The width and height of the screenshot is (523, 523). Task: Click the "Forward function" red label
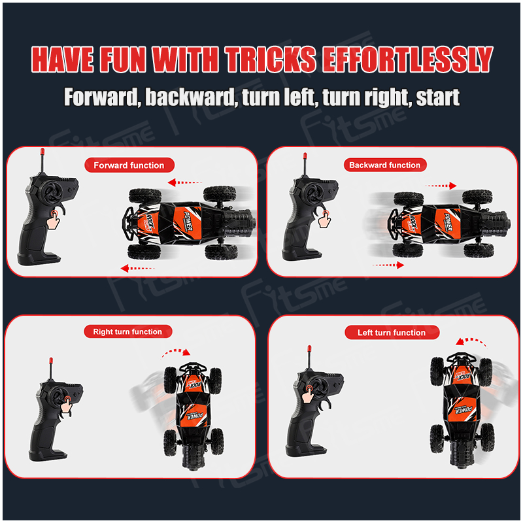(129, 165)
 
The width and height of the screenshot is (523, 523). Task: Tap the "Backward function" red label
(385, 165)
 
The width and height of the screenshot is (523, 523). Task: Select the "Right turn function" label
(127, 331)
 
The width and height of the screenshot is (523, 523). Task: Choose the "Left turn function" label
(392, 333)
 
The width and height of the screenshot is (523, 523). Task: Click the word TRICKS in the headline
(270, 59)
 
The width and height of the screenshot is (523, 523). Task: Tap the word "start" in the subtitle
(438, 97)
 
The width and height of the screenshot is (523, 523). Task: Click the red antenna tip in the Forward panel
(42, 152)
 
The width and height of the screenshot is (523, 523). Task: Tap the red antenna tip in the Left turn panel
(309, 349)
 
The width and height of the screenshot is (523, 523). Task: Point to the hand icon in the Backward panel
(324, 220)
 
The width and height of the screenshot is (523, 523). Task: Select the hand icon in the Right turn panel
(67, 406)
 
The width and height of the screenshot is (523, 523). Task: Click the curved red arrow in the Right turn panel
(176, 351)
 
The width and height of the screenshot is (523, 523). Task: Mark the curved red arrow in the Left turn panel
(471, 340)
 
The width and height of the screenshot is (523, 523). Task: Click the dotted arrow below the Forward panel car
(137, 268)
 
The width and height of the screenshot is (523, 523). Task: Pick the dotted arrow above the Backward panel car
(441, 186)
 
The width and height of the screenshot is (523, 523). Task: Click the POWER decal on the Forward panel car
(188, 220)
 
